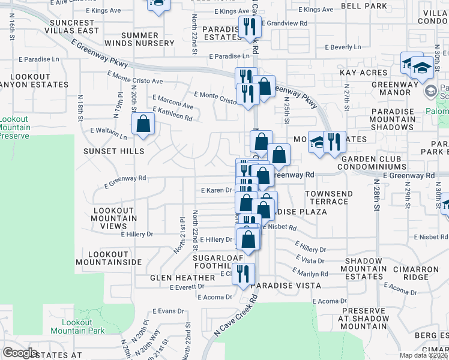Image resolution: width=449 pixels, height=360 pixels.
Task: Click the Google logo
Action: pyautogui.click(x=20, y=353)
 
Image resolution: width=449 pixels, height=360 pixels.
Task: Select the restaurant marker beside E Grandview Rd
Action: pyautogui.click(x=247, y=26)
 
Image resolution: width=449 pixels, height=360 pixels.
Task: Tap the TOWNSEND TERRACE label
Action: pyautogui.click(x=327, y=197)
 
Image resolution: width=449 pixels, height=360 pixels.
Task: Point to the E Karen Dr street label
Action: pyautogui.click(x=217, y=190)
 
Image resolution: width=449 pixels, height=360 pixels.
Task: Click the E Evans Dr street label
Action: pyautogui.click(x=167, y=311)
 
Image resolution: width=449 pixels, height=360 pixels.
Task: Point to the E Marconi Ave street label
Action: pyautogui.click(x=173, y=101)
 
